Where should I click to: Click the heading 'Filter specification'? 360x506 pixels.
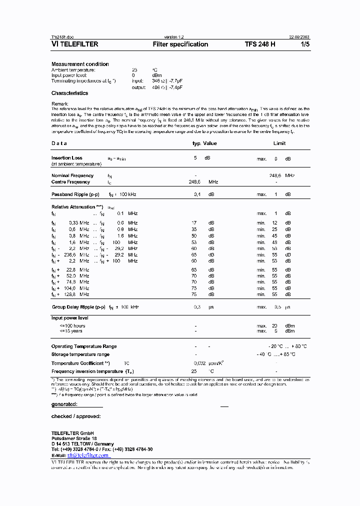tap(180, 44)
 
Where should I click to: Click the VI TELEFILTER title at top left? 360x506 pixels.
tap(75, 44)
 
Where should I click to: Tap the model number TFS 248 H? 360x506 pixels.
tap(260, 44)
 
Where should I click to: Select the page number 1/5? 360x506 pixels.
tap(305, 44)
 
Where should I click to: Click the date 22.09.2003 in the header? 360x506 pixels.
tap(299, 37)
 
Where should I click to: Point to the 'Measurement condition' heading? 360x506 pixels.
tap(80, 64)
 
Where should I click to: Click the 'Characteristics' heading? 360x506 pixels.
tap(69, 93)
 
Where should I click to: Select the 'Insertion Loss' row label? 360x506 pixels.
tap(67, 158)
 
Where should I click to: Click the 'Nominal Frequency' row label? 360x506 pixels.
tap(72, 175)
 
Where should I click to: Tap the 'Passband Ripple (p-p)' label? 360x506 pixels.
tap(76, 194)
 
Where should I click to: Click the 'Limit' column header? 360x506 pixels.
tap(279, 143)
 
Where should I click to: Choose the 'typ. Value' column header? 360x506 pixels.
tap(204, 143)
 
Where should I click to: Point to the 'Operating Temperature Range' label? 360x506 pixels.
tap(84, 346)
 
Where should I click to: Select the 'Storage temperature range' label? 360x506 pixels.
tap(80, 354)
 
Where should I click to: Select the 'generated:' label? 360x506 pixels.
tap(64, 404)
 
